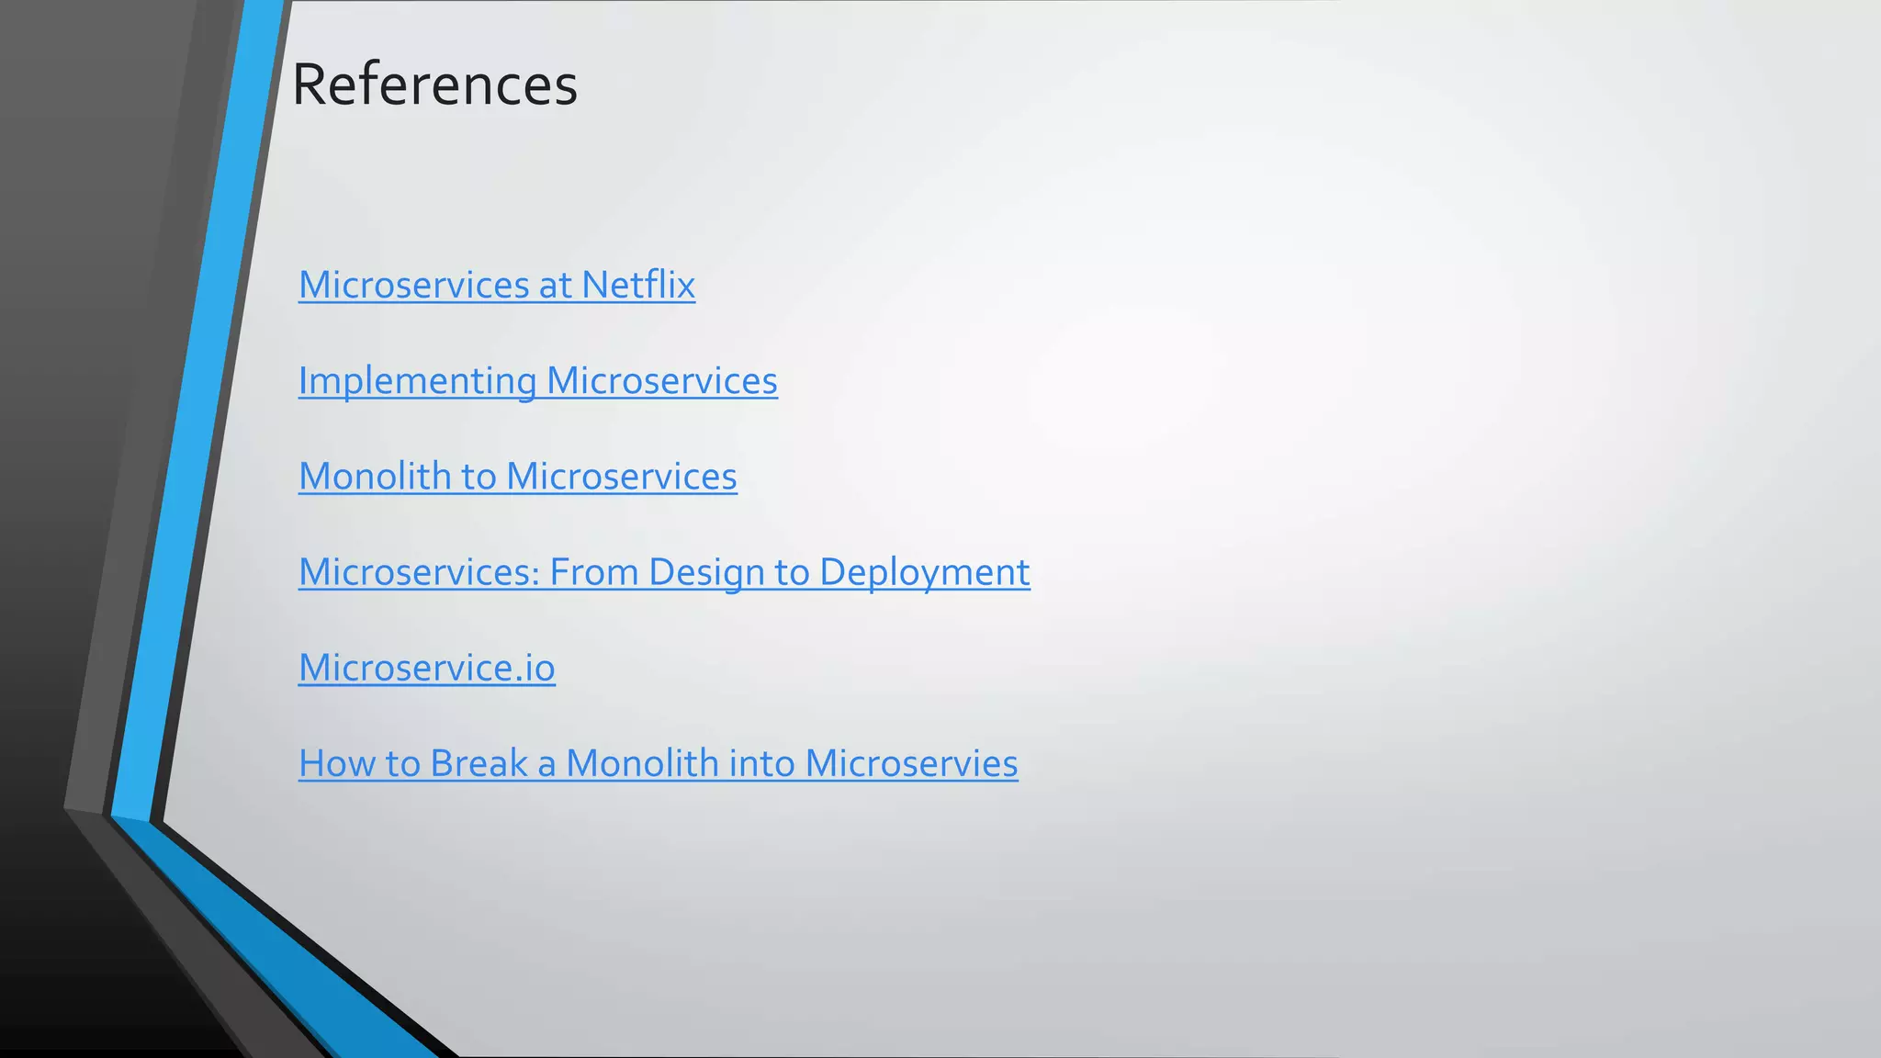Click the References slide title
[x=434, y=84]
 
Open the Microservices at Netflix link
[x=496, y=285]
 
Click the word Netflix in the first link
[x=638, y=285]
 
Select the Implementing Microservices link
[x=537, y=381]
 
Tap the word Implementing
[x=417, y=381]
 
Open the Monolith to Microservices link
[x=517, y=477]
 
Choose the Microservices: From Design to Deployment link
[x=663, y=572]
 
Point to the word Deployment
[x=924, y=572]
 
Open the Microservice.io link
[x=426, y=668]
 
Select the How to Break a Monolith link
[x=658, y=763]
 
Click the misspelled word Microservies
[x=911, y=763]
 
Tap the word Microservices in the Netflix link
[x=413, y=285]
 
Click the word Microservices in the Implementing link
[x=661, y=381]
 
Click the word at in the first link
[x=556, y=285]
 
